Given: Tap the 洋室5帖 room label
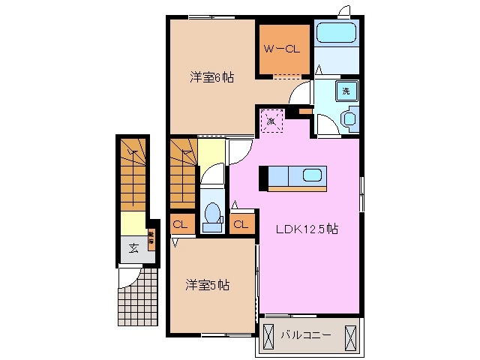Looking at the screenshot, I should point(208,285).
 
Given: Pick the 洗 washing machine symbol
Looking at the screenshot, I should point(346,91).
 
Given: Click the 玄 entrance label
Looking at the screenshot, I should point(132,248).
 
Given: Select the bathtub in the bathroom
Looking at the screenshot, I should point(337,33).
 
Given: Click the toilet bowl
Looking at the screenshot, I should point(212,215).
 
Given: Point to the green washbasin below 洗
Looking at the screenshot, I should point(348,119).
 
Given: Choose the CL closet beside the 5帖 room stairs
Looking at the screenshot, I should point(180,223).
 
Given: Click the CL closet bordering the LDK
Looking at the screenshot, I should point(241,223).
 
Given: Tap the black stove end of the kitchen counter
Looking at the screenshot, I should point(263,178).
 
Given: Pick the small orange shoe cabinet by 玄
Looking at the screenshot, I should point(151,238).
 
